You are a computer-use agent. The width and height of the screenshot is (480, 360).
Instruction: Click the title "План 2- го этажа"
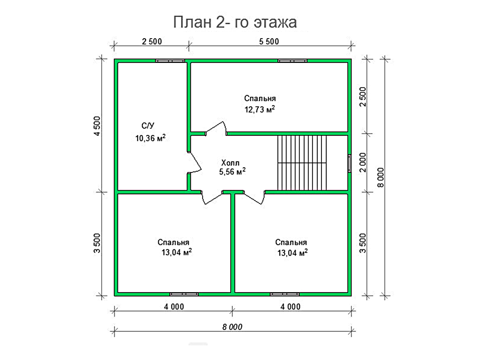pos(235,22)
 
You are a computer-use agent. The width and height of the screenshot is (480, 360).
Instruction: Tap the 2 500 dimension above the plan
pos(152,42)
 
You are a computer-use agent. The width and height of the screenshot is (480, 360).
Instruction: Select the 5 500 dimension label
pos(269,42)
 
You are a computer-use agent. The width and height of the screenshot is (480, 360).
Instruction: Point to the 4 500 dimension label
pos(97,126)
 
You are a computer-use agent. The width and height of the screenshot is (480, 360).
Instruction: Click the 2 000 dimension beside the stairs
pos(363,162)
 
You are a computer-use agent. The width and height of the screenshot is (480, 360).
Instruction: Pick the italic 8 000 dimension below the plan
pos(232,327)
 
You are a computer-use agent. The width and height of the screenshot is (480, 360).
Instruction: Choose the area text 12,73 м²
pos(259,109)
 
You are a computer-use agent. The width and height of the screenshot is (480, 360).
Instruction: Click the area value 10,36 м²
pos(150,138)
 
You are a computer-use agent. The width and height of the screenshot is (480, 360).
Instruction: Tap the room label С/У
pos(148,126)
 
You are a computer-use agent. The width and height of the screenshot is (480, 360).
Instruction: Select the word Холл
pos(230,163)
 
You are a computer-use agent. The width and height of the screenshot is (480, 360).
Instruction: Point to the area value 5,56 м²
pos(232,172)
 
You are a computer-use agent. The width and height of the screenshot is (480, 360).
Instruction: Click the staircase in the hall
pos(302,163)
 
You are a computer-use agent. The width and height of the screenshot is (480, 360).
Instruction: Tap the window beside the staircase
pos(349,163)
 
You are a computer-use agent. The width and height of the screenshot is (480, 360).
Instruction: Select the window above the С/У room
pos(170,61)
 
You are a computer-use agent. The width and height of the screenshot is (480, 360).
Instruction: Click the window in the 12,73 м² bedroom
pos(292,61)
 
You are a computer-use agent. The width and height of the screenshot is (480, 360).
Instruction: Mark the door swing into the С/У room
pos(195,162)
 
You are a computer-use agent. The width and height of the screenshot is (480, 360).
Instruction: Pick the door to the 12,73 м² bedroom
pos(216,129)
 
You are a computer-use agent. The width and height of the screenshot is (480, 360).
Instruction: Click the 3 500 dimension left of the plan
pos(97,243)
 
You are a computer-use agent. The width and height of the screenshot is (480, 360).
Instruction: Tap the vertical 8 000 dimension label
pos(381,177)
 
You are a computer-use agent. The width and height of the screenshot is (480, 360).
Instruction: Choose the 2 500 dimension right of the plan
pos(363,97)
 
